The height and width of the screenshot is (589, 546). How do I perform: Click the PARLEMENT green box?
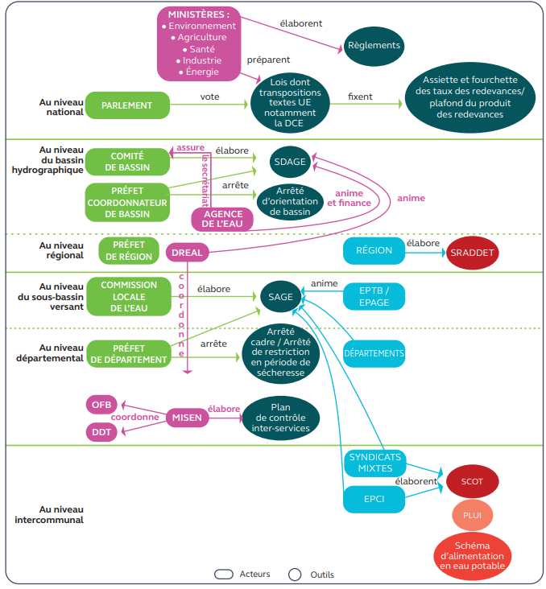pos(127,105)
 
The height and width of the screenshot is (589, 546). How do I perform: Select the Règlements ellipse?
pos(374,46)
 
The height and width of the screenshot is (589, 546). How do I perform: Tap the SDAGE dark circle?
pos(290,162)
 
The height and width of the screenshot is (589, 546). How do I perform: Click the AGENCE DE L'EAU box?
pos(222,220)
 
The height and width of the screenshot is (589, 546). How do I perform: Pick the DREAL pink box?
pos(188,253)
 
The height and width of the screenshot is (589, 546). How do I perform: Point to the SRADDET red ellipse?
pos(472,253)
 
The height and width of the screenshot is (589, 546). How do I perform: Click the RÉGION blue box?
pos(374,250)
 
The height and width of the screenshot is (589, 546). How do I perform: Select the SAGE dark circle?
pos(281,297)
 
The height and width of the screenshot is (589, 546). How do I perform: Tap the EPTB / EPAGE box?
pos(374,297)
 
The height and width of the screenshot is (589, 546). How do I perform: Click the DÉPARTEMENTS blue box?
pos(374,353)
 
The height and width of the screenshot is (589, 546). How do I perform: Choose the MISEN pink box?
pos(188,418)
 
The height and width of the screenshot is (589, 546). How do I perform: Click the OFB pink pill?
pos(101,405)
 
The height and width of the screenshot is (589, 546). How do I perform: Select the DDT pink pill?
pos(101,432)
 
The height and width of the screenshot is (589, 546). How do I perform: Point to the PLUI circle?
pos(472,515)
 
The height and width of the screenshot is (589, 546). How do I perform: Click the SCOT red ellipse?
pos(472,481)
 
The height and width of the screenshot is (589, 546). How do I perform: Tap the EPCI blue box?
pos(374,499)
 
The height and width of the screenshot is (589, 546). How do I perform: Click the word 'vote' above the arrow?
pos(210,97)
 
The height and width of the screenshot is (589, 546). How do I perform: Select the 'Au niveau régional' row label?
pos(61,250)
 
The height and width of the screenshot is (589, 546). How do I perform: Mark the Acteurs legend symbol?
pos(224,575)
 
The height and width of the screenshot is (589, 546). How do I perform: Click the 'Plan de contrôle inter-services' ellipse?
pos(281,418)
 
